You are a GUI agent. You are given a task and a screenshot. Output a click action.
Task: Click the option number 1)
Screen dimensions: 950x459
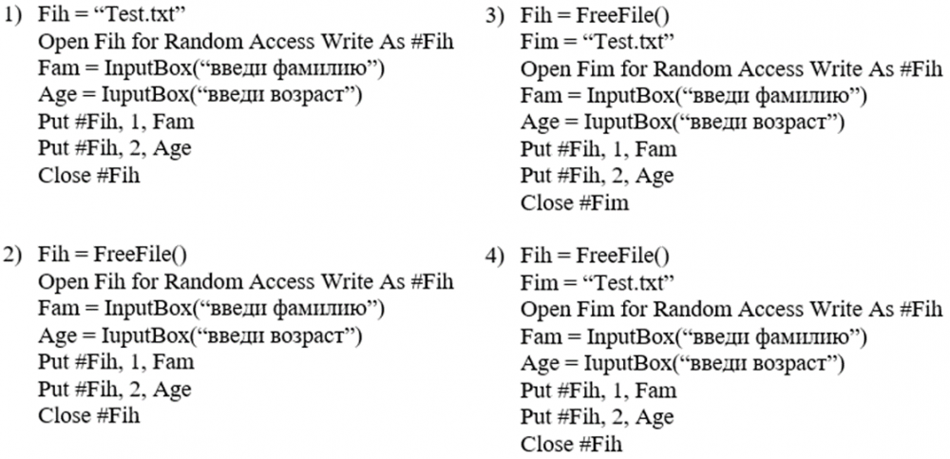(14, 16)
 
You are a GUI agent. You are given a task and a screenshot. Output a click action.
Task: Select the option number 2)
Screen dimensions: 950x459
(14, 256)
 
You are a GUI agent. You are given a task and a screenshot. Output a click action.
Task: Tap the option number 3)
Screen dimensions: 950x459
(496, 16)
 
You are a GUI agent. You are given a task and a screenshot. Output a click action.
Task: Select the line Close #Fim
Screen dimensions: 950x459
(575, 202)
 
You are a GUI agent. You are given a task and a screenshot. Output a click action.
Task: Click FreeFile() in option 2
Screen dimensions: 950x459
(141, 256)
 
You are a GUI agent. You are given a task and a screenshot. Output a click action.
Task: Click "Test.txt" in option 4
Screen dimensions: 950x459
(630, 283)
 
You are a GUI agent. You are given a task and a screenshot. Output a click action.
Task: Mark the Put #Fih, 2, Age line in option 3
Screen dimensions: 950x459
(597, 176)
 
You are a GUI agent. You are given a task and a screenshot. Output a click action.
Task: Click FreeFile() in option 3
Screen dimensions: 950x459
(622, 16)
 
